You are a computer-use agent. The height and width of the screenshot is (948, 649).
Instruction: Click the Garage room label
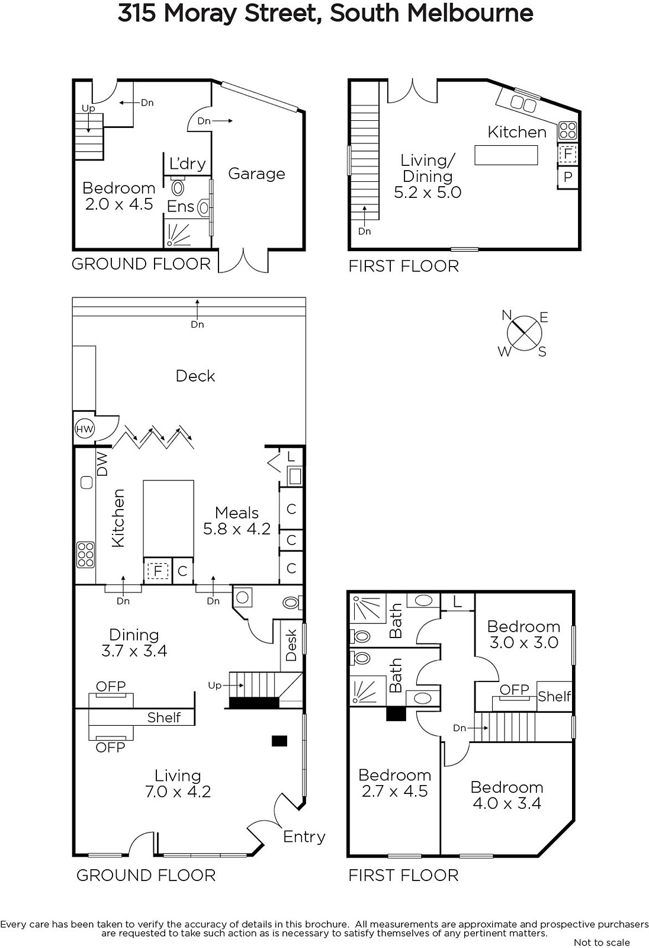coord(256,174)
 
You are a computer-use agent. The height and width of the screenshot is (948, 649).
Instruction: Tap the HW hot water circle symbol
coord(84,429)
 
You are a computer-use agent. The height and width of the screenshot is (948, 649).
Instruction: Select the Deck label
coord(195,376)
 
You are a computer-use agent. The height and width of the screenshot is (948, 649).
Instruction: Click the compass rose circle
coord(525,334)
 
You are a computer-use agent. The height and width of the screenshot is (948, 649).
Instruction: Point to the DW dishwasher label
coord(102,465)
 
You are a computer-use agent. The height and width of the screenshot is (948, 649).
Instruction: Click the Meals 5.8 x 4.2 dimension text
coord(237,529)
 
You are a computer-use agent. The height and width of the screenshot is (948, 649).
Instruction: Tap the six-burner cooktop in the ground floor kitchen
coord(85,555)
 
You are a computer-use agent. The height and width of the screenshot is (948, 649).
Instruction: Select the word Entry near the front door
coord(304,837)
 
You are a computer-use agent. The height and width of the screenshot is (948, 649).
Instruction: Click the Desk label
coord(291,645)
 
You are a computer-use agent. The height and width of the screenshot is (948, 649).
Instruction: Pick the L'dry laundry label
coord(188,164)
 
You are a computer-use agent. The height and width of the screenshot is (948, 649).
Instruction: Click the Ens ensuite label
coord(181,207)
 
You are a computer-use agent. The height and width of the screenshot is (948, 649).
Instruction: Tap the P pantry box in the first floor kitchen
coord(568,177)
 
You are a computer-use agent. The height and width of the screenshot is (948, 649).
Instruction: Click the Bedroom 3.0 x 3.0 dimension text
coord(524,642)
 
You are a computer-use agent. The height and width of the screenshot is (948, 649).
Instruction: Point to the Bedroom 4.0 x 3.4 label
coord(507,795)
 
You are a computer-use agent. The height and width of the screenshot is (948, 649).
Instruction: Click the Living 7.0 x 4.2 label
coord(178,783)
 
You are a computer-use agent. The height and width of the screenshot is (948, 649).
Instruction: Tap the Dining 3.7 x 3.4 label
coord(134,642)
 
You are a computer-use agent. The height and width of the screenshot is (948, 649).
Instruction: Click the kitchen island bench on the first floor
coord(506,155)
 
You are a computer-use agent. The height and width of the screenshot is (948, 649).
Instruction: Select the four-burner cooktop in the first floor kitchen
coord(567,131)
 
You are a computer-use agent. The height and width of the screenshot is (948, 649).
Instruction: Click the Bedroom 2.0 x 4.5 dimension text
coord(119,204)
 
